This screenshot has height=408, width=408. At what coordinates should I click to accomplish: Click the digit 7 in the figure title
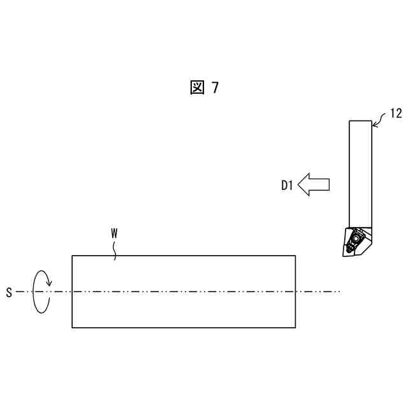tap(215, 88)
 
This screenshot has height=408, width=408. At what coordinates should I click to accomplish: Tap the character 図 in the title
tap(197, 88)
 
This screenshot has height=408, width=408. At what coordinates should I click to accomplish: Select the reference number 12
tap(395, 113)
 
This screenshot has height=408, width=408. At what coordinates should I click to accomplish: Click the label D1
tap(287, 186)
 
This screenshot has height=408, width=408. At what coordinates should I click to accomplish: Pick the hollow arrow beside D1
tap(314, 184)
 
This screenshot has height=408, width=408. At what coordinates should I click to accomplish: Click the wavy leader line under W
tap(115, 249)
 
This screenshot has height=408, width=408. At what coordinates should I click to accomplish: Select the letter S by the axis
tap(9, 293)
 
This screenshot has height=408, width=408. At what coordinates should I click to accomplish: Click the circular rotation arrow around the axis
tap(41, 291)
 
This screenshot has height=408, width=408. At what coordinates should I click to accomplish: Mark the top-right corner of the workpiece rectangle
tap(295, 256)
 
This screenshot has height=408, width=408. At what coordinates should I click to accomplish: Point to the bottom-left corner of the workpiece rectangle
tap(72, 328)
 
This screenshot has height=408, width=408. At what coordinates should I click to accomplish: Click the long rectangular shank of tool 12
tap(360, 172)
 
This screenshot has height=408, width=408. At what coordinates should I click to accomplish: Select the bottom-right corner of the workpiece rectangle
tap(295, 328)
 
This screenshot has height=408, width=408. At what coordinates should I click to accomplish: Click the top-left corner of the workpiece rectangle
tap(72, 256)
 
